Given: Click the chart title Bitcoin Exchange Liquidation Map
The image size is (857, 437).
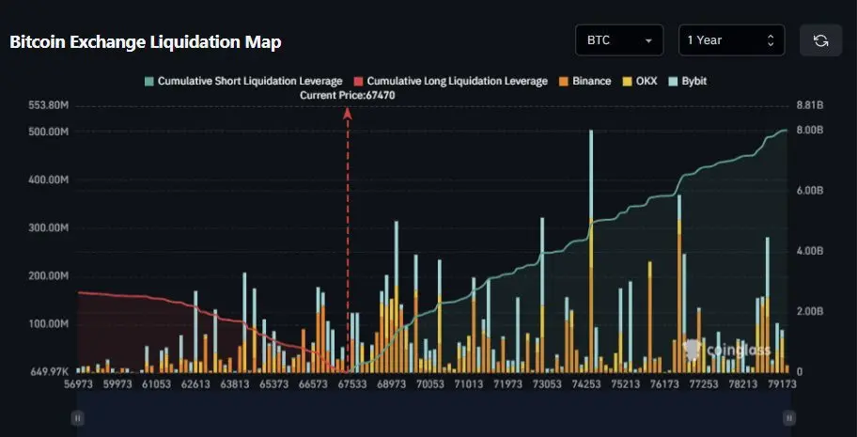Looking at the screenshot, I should point(146,42).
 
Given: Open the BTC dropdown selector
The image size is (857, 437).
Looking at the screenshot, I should point(619,40).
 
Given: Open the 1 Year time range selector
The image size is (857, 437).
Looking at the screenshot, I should point(731,40).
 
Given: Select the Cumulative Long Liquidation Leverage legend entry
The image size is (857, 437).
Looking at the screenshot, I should point(450,81).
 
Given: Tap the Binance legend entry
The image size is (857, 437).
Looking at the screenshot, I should point(585,81).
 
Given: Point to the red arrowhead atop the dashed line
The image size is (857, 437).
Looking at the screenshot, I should point(348,113).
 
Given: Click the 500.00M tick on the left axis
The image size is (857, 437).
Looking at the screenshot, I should point(49,132).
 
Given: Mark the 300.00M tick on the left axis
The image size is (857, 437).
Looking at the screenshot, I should point(49,227).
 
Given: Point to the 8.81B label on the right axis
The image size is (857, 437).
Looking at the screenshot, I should point(809,105).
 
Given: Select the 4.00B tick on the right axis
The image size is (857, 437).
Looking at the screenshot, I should point(809,251).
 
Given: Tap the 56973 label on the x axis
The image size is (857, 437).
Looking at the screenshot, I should point(78,383).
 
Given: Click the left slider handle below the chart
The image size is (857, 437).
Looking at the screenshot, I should point(78,416).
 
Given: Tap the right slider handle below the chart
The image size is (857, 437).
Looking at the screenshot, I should point(789,416).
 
